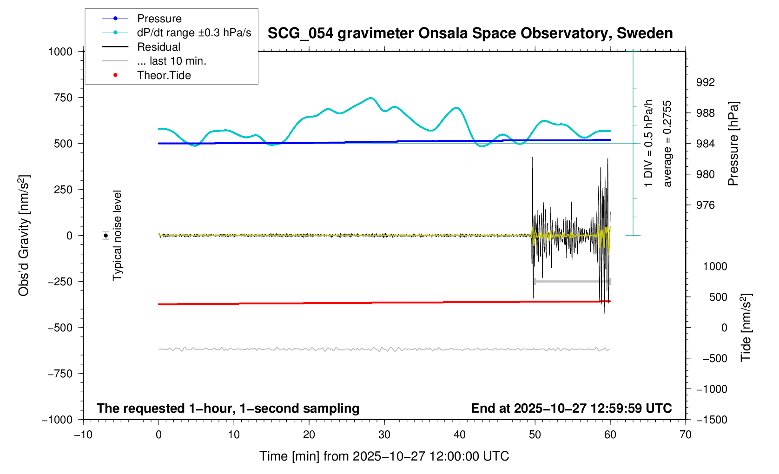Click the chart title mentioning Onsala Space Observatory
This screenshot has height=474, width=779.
[470, 33]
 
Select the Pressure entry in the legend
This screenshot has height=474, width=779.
[159, 19]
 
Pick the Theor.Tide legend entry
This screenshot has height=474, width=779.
[164, 75]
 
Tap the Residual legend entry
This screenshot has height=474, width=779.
[158, 47]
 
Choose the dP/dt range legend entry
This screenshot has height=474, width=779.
[194, 33]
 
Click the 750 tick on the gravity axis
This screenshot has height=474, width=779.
[63, 98]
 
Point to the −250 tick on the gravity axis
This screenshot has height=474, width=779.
[60, 282]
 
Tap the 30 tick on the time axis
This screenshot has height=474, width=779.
[384, 434]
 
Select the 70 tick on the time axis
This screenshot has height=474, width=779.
[685, 434]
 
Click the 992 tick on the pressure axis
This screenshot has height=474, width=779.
[705, 83]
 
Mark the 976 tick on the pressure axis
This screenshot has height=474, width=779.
[705, 205]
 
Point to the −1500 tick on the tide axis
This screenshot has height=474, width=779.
[712, 420]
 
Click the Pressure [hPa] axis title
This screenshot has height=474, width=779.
[733, 144]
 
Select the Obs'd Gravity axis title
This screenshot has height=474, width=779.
[24, 236]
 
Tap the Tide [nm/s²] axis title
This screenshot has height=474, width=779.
[746, 328]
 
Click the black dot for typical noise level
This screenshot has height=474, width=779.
[106, 236]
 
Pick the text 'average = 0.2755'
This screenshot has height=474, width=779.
[667, 144]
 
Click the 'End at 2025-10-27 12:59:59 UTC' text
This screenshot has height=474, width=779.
[571, 408]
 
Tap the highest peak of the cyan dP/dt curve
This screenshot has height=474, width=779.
[370, 98]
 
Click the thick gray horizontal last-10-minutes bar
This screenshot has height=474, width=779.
[572, 282]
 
